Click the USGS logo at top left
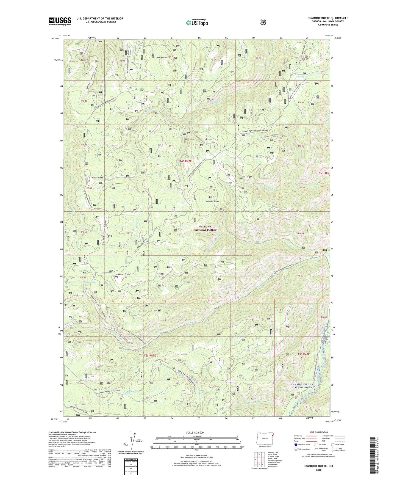coord(60,21)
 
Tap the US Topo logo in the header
coord(197,23)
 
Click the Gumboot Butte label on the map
coord(212,202)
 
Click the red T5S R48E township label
coord(302,354)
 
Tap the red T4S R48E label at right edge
coord(323,173)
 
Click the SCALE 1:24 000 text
coord(195,432)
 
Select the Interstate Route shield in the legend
coord(296,444)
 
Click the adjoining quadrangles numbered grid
coord(258,461)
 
